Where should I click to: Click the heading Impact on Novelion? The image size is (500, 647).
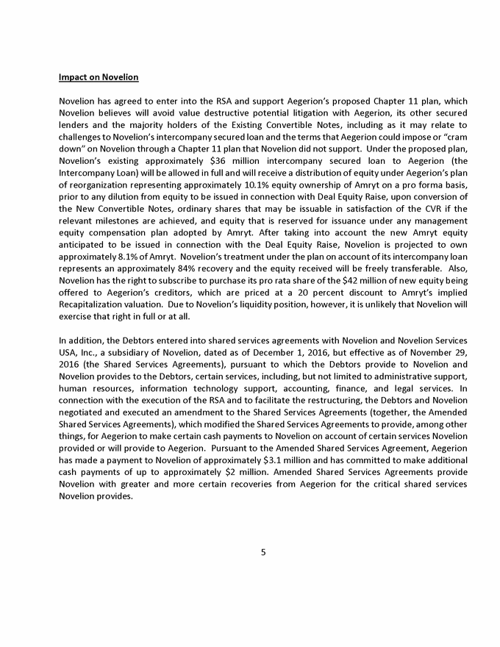(x=99, y=77)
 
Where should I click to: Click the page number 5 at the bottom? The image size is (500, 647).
(x=262, y=553)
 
